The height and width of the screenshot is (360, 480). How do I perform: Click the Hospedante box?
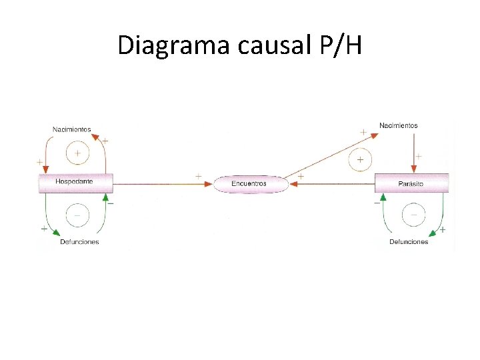75,181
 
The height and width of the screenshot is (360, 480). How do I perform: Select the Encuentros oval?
250,183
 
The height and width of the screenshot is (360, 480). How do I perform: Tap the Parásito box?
411,183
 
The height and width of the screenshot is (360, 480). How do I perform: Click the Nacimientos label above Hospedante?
71,129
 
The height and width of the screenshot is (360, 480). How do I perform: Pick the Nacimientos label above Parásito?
399,125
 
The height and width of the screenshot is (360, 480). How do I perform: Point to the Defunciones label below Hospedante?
79,241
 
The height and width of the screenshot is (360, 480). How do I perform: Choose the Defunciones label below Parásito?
409,241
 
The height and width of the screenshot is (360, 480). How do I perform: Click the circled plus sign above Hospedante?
77,153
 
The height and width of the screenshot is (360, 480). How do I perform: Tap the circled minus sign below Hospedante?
77,215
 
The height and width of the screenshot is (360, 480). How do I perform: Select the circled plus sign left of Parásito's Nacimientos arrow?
360,160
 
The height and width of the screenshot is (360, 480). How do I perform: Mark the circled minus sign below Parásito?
414,215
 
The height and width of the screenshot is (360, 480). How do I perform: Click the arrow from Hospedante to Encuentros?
160,183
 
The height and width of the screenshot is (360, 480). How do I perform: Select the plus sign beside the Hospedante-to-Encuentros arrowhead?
199,176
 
